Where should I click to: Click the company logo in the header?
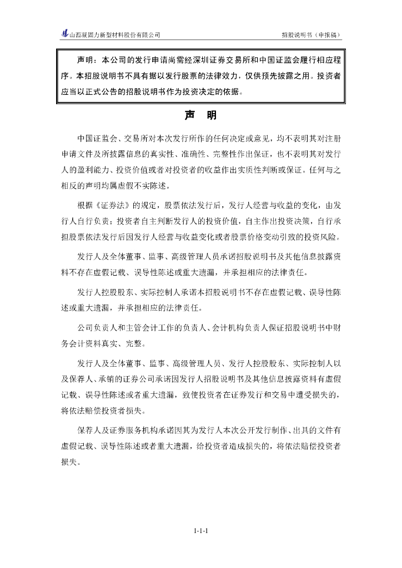(x=64, y=34)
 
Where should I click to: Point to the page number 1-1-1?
(x=201, y=531)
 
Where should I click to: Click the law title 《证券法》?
(x=113, y=206)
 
